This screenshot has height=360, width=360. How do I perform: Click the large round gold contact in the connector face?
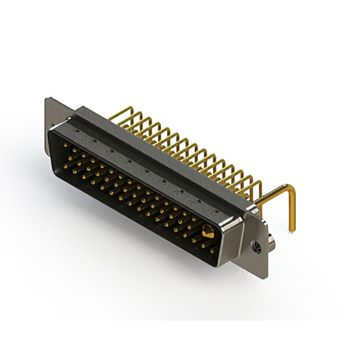208,231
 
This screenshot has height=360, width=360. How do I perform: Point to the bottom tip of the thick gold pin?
292,229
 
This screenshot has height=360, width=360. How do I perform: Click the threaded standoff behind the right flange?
271,241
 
